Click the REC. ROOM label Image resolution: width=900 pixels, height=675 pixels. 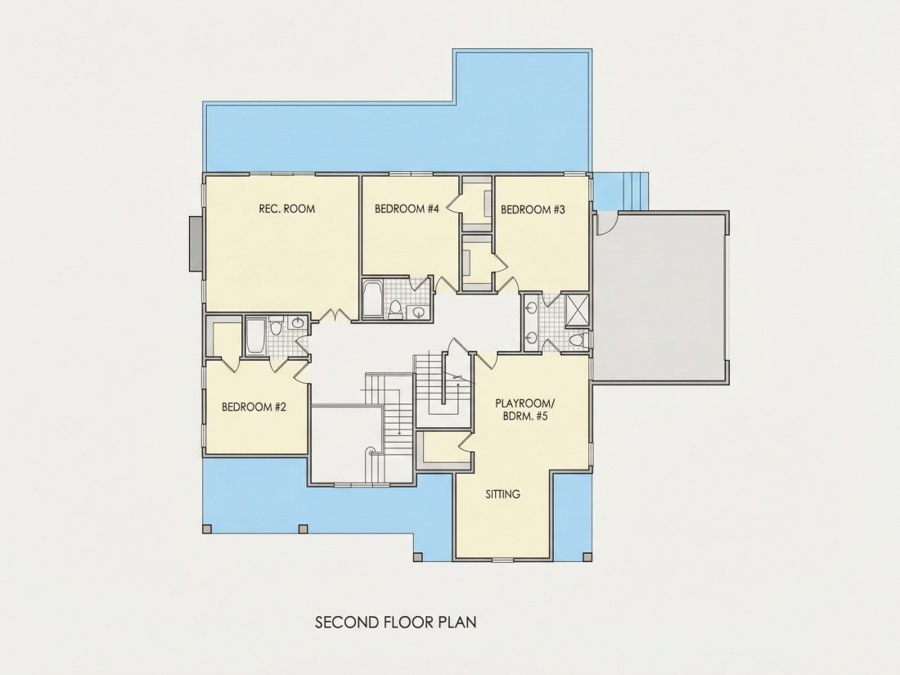coord(287,209)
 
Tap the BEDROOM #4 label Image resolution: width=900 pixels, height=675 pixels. coord(407,209)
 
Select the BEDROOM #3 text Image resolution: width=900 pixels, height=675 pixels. coord(533,210)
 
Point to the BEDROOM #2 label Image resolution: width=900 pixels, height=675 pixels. coord(254,407)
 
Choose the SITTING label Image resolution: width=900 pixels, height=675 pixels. coord(503,493)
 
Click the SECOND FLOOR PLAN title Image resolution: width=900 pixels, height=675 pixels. coord(396,622)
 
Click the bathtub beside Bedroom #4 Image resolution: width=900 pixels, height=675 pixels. coord(372,299)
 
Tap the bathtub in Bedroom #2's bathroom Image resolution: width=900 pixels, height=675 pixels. coord(254,337)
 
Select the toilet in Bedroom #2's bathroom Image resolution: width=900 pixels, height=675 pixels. coord(276,326)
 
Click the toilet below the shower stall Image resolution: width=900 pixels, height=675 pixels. coord(576,340)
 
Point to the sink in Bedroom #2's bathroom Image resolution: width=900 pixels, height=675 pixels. coord(297,323)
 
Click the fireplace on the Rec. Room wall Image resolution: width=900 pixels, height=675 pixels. coord(196,243)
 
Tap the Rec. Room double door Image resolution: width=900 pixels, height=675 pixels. coord(335,314)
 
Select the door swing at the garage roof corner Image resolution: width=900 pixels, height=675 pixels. coord(606,223)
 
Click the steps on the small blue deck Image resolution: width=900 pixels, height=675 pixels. coord(635,191)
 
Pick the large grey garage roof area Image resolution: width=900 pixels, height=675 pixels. coord(660,296)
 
